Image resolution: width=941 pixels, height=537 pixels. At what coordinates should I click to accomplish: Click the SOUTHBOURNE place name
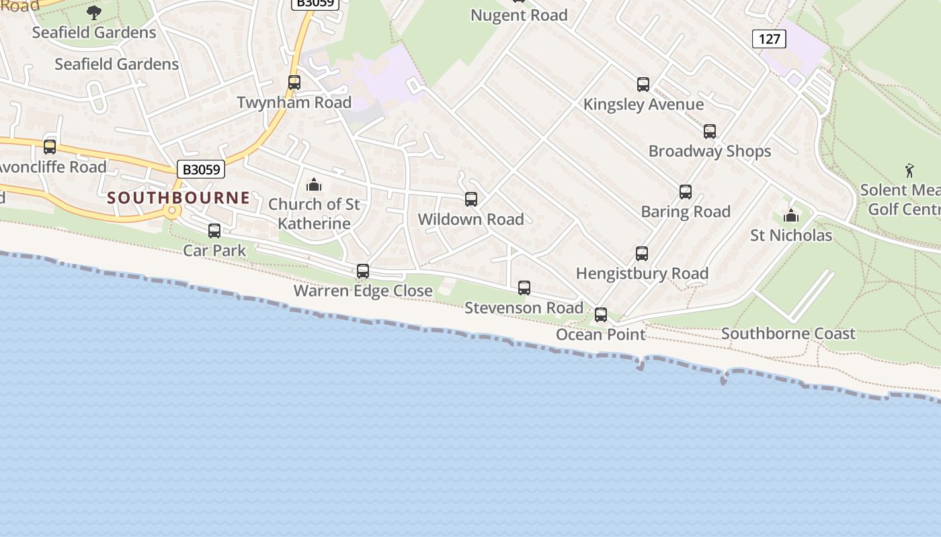click(x=178, y=198)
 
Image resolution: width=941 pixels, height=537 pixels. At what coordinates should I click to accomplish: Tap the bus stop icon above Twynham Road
click(x=294, y=83)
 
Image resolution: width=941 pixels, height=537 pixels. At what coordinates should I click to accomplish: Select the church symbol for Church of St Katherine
click(x=314, y=185)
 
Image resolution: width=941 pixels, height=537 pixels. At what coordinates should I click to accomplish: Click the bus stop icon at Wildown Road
click(x=471, y=199)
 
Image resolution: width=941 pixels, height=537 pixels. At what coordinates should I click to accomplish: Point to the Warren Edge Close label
click(x=363, y=291)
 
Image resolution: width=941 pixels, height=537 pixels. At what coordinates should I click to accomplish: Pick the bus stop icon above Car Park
click(x=214, y=231)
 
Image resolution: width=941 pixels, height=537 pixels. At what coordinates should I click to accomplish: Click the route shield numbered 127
click(x=769, y=39)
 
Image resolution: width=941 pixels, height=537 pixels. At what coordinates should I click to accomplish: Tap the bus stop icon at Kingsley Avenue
click(x=643, y=85)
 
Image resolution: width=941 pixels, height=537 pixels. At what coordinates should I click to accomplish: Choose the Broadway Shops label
click(x=710, y=151)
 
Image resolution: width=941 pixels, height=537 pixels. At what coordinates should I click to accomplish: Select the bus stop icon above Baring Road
click(x=686, y=193)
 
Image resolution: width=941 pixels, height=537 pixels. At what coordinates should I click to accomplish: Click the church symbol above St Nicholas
click(x=791, y=216)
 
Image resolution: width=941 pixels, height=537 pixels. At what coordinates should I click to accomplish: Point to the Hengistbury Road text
click(x=642, y=274)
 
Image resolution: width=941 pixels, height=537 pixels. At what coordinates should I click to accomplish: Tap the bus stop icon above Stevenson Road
click(x=524, y=288)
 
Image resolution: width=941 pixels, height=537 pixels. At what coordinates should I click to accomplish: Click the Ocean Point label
click(x=600, y=334)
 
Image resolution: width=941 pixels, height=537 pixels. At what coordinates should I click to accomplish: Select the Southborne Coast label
click(x=788, y=334)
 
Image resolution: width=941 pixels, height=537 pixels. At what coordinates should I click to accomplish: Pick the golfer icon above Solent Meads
click(x=909, y=170)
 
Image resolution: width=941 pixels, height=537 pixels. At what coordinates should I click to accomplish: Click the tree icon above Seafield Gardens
click(x=94, y=12)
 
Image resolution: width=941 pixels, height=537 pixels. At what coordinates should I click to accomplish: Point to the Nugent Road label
click(x=519, y=15)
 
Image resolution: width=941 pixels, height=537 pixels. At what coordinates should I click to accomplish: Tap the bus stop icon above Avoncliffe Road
click(x=50, y=147)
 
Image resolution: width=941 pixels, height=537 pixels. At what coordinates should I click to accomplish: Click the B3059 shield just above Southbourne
click(x=202, y=169)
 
